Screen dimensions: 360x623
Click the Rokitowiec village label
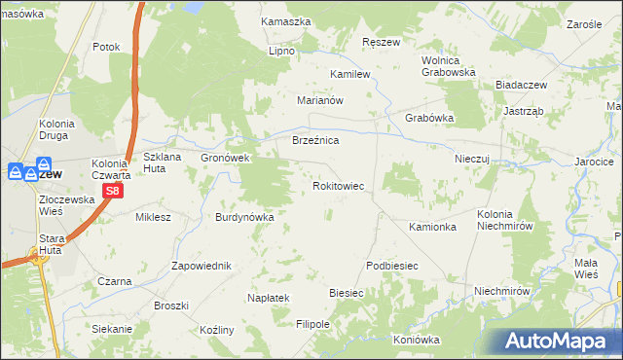pos(338,185)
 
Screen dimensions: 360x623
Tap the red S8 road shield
pos(113,192)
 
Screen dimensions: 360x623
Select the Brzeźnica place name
pos(315,141)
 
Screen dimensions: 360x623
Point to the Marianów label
pos(321,99)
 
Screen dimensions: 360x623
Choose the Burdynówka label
pos(244,217)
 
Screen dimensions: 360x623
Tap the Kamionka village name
pos(433,227)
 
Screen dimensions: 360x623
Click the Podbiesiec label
pos(392,266)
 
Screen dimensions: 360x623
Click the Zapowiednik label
pos(201,266)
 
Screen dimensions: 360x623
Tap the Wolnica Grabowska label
pos(448,65)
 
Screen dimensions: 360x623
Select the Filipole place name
pos(313,323)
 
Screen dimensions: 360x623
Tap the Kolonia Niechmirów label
pos(505,219)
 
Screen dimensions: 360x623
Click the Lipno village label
pos(282,51)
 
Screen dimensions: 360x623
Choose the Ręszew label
pos(381,43)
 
